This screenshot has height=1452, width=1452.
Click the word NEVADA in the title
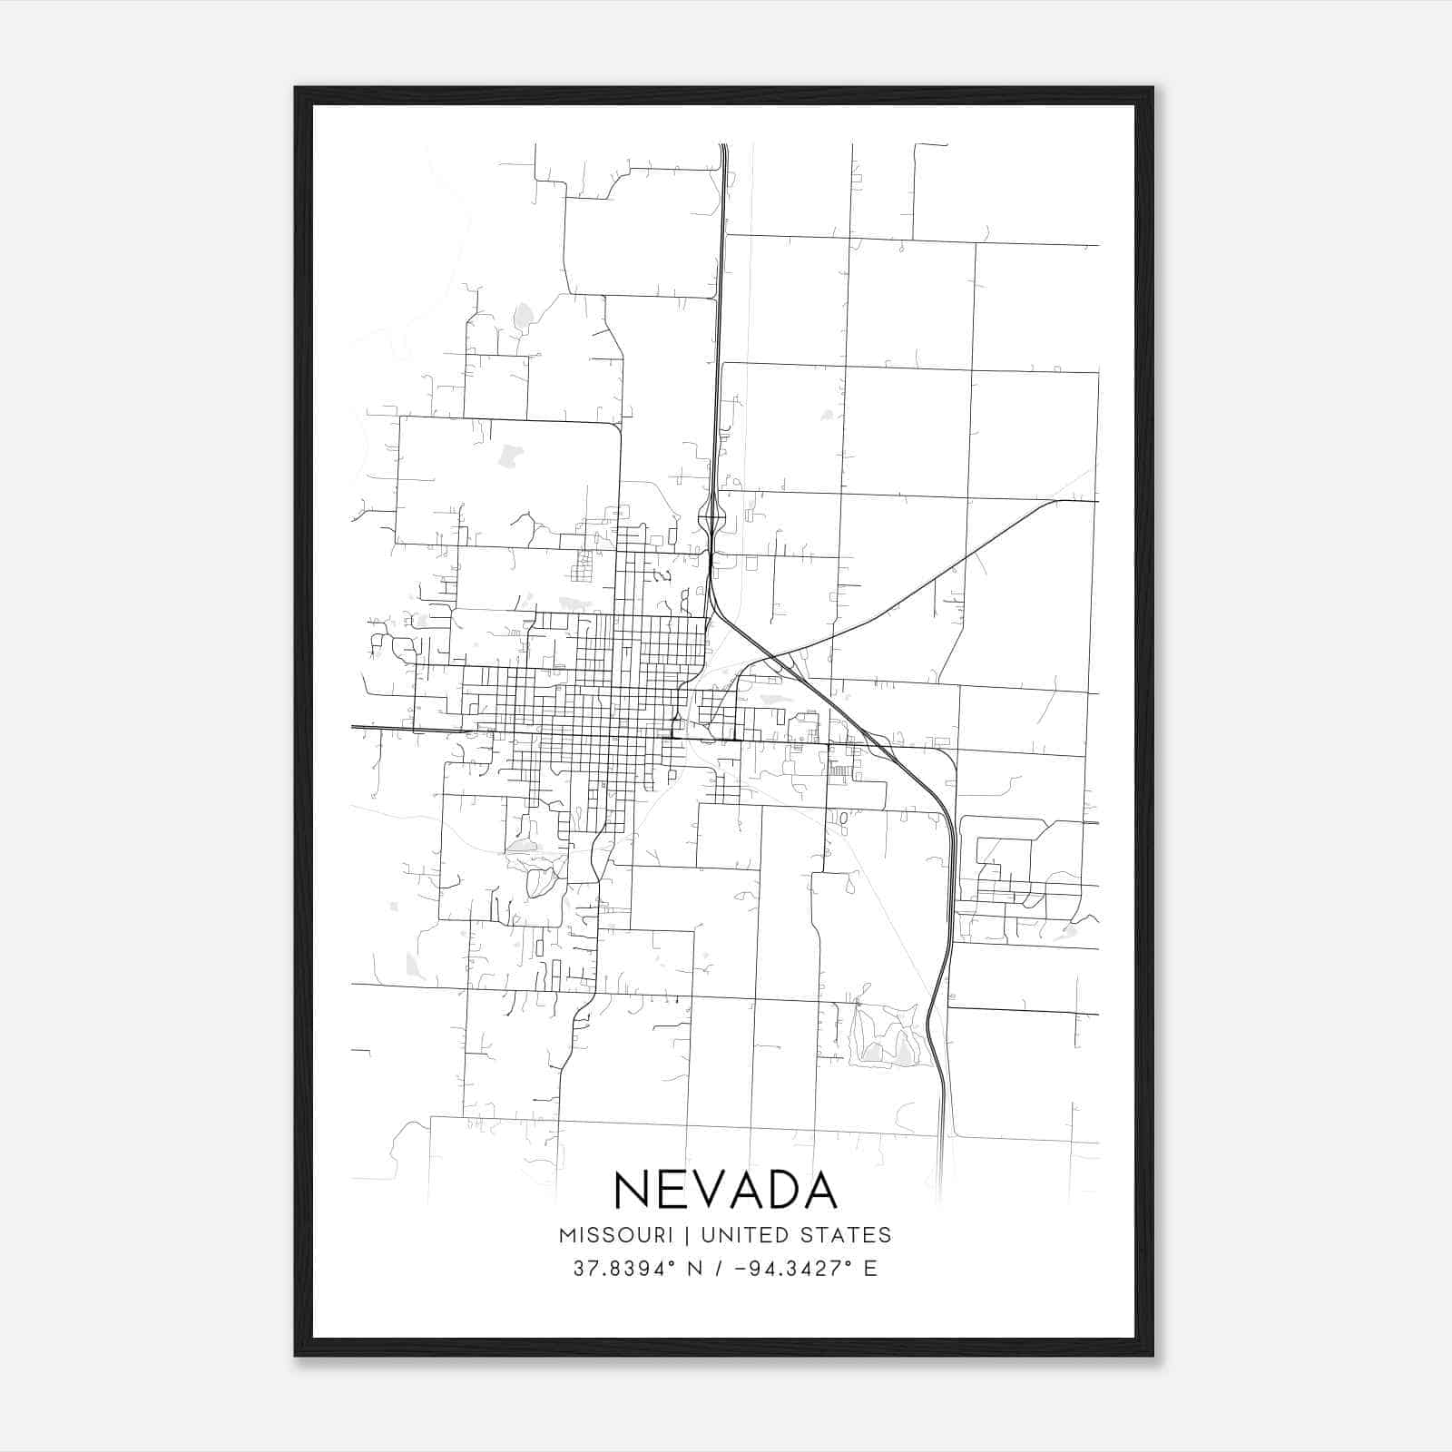[725, 1190]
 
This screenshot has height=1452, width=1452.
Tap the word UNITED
[736, 1235]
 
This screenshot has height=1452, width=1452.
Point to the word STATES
[843, 1235]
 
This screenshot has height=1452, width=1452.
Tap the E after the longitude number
[870, 1269]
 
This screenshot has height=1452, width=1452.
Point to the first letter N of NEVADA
[633, 1190]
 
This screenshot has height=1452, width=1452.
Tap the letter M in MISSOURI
[568, 1235]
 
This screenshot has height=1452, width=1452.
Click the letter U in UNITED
[709, 1235]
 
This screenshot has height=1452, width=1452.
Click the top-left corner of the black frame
[295, 88]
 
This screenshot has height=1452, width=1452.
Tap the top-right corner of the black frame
[1153, 88]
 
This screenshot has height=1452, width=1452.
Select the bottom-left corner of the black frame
[295, 1355]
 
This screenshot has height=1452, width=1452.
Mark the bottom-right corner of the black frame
[1153, 1355]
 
